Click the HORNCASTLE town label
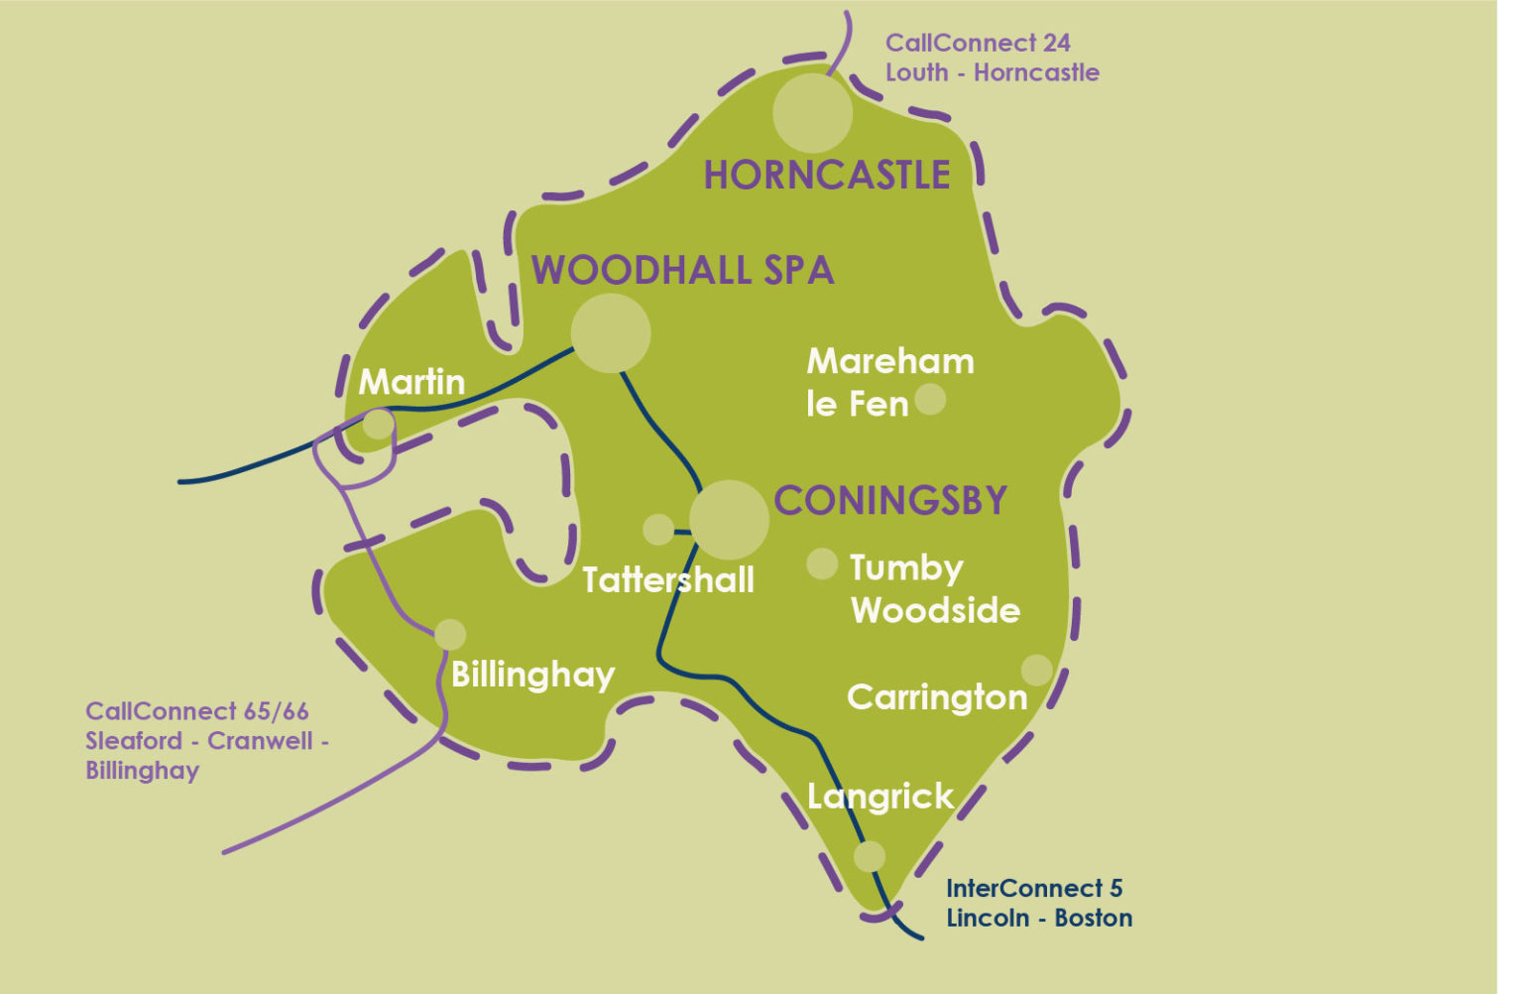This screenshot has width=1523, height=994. point(827,176)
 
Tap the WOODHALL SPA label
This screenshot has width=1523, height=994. point(683,271)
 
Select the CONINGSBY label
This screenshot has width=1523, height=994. point(890,501)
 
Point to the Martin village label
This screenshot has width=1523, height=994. point(411,382)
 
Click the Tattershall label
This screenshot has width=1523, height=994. point(668,579)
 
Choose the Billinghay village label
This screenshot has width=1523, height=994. point(532,676)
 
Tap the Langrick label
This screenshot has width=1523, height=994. point(880,797)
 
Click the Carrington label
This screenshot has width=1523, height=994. point(937,697)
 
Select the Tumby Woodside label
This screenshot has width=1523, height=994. point(935,589)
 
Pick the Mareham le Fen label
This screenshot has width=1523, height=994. point(889,383)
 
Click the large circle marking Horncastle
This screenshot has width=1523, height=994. point(813,113)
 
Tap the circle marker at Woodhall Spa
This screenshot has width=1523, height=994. point(611,333)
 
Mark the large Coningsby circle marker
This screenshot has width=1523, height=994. point(730,520)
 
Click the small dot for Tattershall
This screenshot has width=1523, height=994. point(658,530)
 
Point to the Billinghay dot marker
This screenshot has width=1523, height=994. point(450,635)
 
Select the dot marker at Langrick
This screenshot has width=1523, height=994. point(870,856)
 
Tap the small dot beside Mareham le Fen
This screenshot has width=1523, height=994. point(930,399)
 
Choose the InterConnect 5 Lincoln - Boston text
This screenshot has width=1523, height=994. point(1039,903)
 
